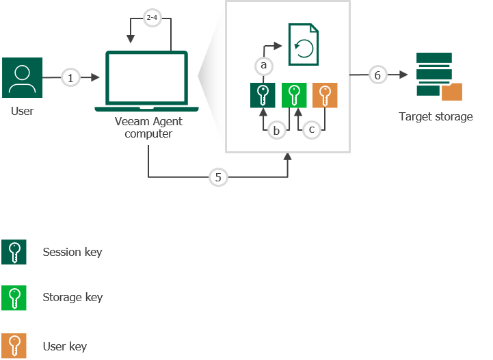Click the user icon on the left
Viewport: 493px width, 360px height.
23,78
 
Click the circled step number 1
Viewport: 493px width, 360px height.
70,78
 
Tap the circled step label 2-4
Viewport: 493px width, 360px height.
152,19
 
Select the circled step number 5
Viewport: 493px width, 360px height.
218,177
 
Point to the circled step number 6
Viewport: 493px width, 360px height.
378,75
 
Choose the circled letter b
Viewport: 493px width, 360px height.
276,130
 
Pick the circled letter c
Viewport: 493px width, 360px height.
311,129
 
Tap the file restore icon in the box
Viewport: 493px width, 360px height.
302,44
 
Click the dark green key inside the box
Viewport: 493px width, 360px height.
263,96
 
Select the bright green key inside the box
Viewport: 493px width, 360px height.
294,96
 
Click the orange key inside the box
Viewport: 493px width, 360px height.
325,96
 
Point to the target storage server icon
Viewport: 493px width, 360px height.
434,74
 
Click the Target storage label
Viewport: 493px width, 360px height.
436,117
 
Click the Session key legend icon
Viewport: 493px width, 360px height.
14,252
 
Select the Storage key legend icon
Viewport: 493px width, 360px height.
14,298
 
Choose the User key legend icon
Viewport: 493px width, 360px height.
14,346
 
